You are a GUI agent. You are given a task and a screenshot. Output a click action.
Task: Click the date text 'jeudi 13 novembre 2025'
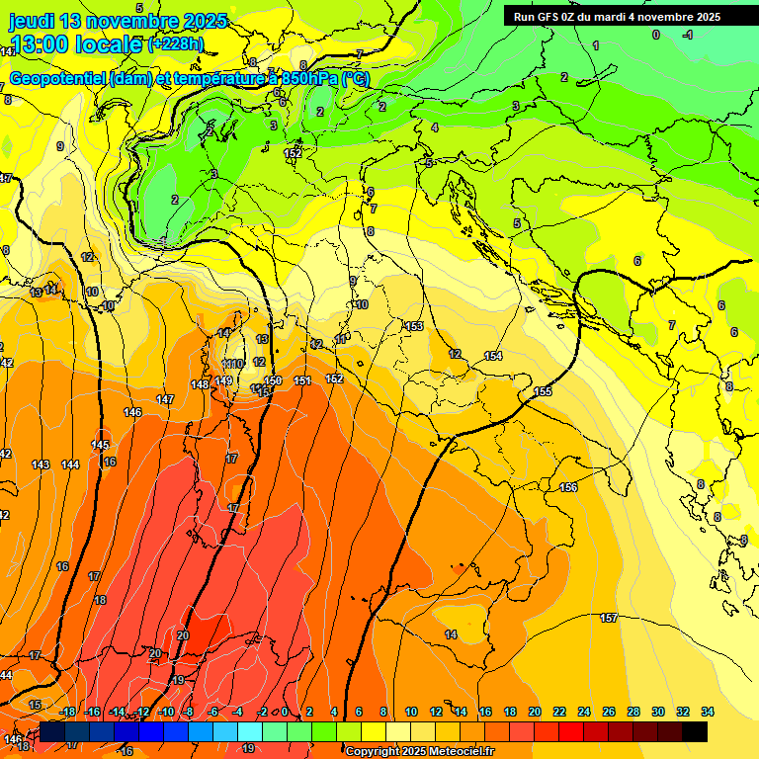pyautogui.click(x=118, y=21)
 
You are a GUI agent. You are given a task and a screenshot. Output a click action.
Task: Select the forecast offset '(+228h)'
pyautogui.click(x=175, y=44)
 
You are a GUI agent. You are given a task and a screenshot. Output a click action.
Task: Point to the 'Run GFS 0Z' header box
pyautogui.click(x=617, y=17)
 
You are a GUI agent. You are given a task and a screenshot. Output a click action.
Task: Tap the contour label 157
pyautogui.click(x=609, y=618)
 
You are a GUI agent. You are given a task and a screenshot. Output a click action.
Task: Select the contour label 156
pyautogui.click(x=568, y=488)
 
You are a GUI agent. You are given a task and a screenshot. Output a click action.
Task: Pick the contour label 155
pyautogui.click(x=543, y=392)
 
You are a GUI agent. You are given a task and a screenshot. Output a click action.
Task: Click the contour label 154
pyautogui.click(x=493, y=356)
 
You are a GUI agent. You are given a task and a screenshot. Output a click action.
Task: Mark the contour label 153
pyautogui.click(x=414, y=326)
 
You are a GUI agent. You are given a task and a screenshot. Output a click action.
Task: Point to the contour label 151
pyautogui.click(x=302, y=380)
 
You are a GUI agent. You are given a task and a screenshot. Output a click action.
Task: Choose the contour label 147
pyautogui.click(x=165, y=399)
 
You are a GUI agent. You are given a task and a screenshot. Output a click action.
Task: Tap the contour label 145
pyautogui.click(x=101, y=446)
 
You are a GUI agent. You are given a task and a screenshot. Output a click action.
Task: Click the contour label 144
pyautogui.click(x=70, y=464)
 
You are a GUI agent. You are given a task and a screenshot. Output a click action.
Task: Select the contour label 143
pyautogui.click(x=41, y=464)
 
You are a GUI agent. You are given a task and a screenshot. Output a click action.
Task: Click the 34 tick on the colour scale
pyautogui.click(x=708, y=712)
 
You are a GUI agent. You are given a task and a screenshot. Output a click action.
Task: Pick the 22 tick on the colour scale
pyautogui.click(x=558, y=712)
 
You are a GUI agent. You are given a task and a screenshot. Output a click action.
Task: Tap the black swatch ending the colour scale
pyautogui.click(x=695, y=731)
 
